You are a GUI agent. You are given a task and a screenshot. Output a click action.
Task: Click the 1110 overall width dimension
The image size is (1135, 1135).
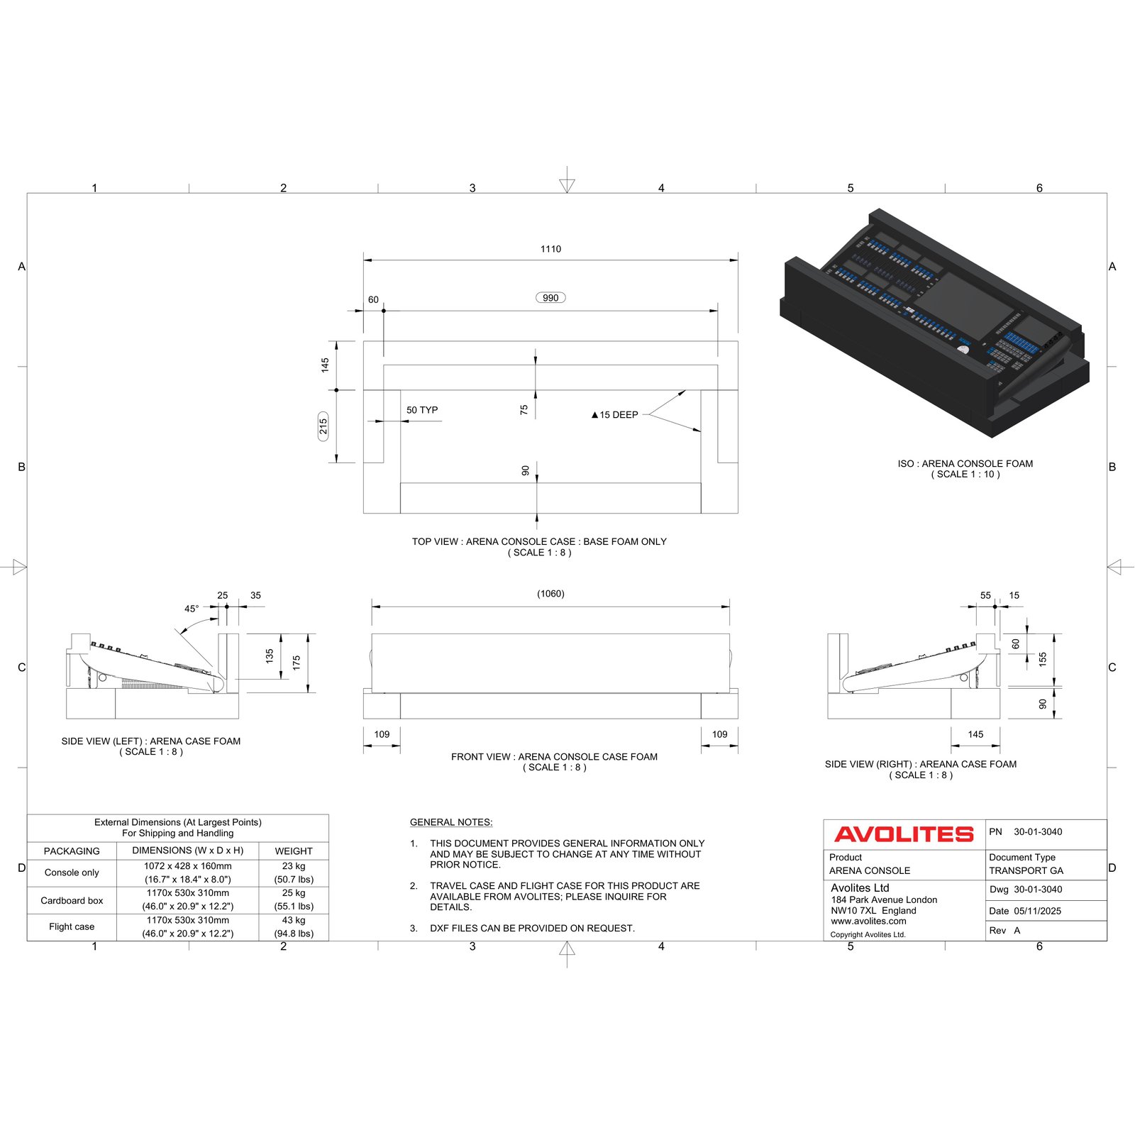(550, 249)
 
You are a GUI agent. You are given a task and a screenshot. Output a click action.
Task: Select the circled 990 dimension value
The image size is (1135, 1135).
(550, 298)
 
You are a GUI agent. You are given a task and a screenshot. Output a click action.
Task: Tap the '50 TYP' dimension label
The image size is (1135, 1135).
(422, 410)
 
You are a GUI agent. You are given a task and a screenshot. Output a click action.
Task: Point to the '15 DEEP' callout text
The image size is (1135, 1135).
(619, 415)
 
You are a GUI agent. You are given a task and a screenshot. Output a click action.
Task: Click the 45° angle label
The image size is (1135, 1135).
(192, 609)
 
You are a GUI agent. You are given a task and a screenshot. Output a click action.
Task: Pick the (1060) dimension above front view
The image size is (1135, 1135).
(550, 594)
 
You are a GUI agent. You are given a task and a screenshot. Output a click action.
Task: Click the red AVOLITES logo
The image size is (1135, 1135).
(904, 834)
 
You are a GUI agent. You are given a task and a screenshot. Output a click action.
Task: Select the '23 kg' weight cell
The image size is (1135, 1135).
(294, 866)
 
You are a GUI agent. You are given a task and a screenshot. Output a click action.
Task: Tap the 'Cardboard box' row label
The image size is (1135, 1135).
(72, 901)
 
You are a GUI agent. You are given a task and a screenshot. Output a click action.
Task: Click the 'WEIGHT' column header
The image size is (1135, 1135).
(294, 851)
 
